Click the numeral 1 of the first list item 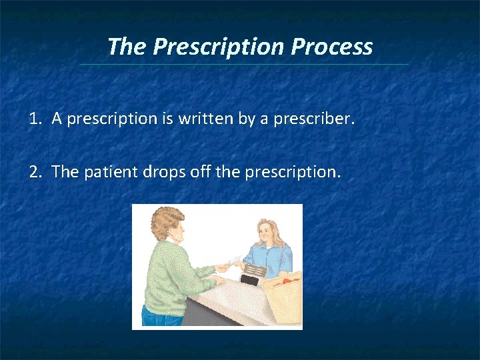click(33, 119)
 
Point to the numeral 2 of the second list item click(34, 172)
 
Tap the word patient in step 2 click(111, 172)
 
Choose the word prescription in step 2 click(292, 172)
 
